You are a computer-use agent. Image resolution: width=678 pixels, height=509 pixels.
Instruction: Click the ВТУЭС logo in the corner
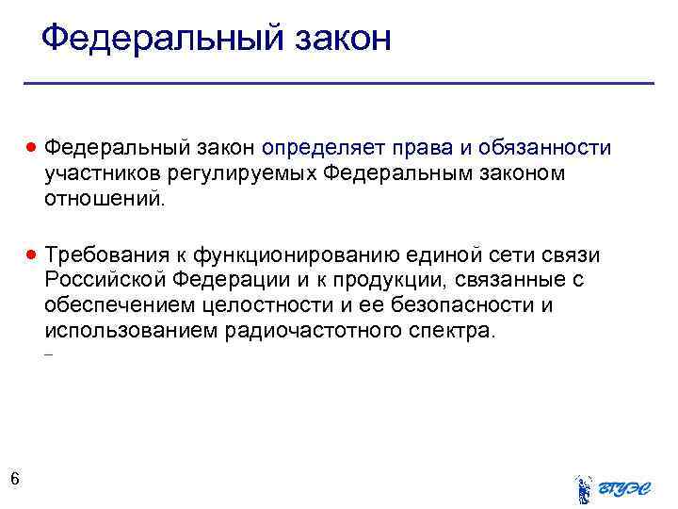click(612, 488)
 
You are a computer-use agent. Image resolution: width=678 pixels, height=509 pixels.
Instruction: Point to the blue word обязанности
click(545, 149)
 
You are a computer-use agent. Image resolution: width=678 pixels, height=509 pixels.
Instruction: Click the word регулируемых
click(245, 174)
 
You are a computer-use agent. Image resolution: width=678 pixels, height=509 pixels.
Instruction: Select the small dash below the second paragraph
click(48, 356)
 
